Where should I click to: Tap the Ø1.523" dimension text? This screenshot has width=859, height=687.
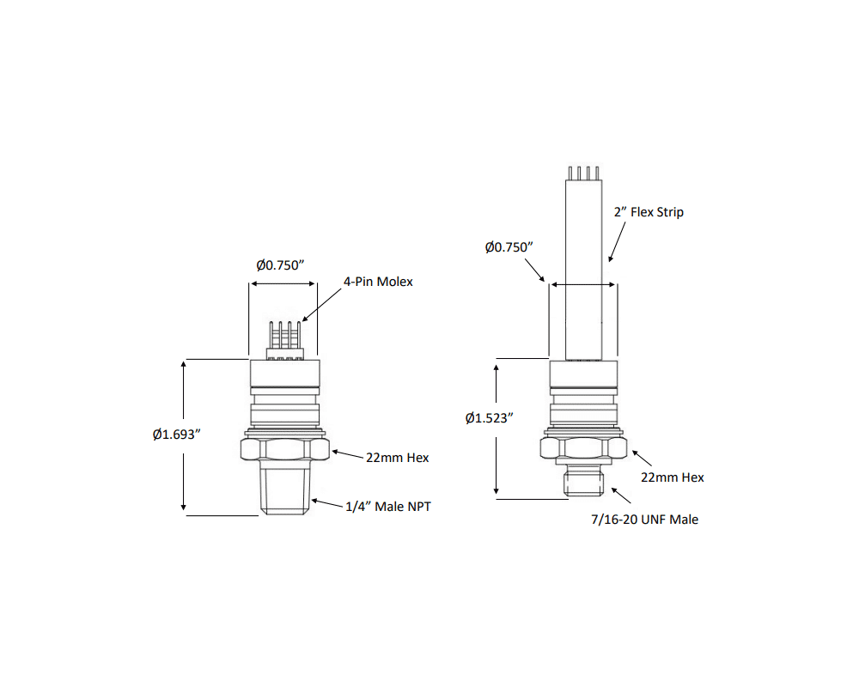coord(489,418)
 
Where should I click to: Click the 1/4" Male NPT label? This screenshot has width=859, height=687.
coord(387,507)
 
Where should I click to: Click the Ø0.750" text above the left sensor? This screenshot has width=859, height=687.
coord(281,265)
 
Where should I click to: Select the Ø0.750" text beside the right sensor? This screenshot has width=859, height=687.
coord(509,246)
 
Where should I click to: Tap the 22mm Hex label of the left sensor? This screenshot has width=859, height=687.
coord(397,458)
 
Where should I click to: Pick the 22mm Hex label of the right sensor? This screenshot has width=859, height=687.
coord(673,477)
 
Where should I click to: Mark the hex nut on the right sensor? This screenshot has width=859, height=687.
coord(584,447)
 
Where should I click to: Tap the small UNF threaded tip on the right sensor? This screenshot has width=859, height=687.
coord(584,483)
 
